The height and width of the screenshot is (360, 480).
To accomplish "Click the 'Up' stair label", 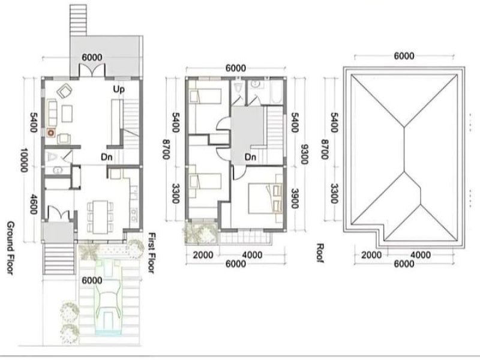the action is [119, 89].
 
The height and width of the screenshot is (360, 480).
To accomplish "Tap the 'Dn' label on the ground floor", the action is [107, 157].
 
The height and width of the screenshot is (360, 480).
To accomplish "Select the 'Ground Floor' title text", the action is [10, 248].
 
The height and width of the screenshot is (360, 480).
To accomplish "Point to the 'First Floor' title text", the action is [152, 253].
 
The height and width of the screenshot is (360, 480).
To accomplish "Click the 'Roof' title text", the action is [320, 253].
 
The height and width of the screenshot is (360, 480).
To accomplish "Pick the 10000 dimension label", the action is [24, 160].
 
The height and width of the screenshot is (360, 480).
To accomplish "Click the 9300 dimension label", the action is [304, 154].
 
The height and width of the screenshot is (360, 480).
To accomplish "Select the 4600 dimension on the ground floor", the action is [34, 205].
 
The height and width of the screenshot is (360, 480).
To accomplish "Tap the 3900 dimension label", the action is [295, 199].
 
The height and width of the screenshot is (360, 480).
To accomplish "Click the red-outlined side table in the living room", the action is [50, 133].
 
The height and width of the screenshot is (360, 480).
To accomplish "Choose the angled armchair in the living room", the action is [64, 91].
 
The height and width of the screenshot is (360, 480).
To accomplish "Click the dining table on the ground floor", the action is [100, 217].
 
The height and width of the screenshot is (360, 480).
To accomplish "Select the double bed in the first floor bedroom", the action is [265, 198].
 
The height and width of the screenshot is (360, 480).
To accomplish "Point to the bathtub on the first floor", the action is [277, 92].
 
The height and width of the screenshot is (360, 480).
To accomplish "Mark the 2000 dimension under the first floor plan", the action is [203, 255].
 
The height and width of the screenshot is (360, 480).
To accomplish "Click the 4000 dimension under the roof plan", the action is [421, 255].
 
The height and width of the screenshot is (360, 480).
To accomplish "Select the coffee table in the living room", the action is [67, 113].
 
